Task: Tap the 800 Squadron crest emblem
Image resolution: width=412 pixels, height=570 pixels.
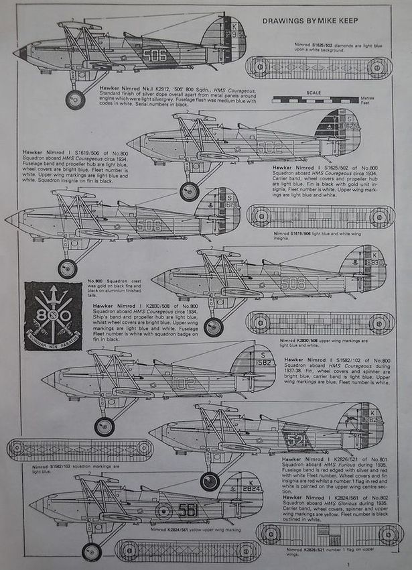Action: point(53,316)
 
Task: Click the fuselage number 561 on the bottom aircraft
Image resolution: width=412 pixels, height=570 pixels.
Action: point(188,510)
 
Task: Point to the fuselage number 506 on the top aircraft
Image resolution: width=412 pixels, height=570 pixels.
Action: point(154,55)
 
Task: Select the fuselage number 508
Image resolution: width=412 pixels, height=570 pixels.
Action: point(293,283)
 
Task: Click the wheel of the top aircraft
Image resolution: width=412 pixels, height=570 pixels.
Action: point(75,99)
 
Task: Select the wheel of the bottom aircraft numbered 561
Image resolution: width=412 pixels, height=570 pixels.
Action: point(92,551)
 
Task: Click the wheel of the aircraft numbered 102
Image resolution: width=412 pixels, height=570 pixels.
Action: point(104,426)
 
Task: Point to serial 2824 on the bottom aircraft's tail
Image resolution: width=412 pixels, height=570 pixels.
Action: point(252,488)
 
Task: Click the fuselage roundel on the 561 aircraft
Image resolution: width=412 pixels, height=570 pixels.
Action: point(163,511)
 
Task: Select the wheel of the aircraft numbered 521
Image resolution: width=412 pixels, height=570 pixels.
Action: point(210,480)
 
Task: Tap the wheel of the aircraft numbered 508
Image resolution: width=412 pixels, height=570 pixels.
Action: point(213,327)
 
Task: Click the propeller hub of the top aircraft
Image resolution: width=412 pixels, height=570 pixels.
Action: point(18,53)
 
